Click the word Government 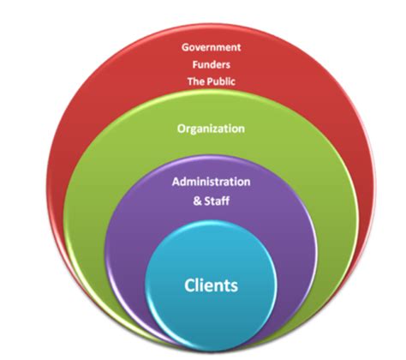coord(210,48)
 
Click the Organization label coord(211,129)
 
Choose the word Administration coord(211,183)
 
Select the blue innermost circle coord(211,313)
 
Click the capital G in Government coord(184,48)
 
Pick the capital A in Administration coord(175,183)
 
